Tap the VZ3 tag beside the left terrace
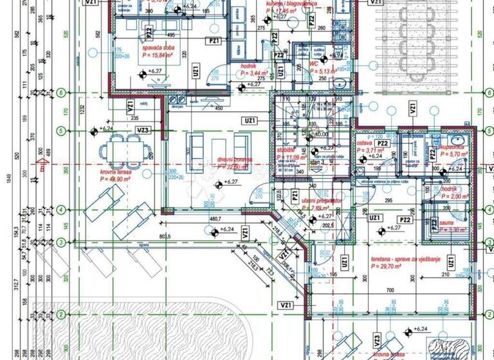click(x=143, y=130)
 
